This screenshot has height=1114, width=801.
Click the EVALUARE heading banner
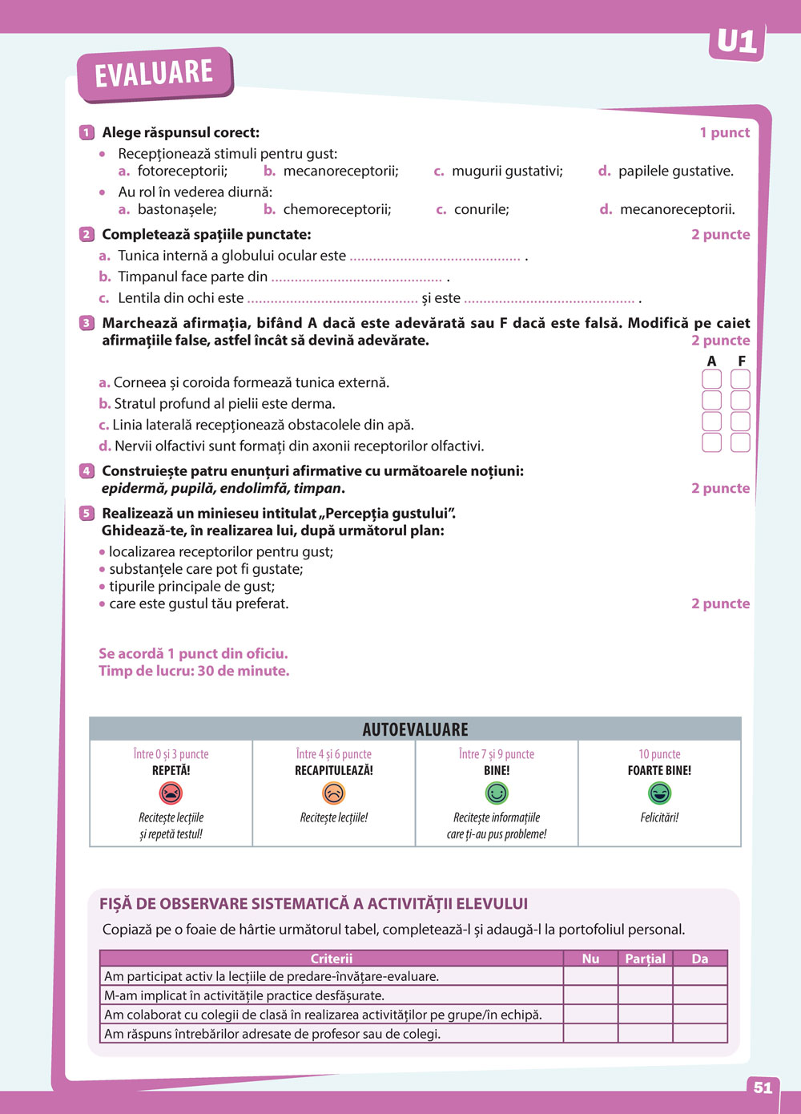154,74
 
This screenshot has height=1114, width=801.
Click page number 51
763,1088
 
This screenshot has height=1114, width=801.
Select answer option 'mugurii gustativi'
506,171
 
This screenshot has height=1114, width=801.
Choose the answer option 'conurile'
481,209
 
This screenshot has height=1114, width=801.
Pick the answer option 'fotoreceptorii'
182,171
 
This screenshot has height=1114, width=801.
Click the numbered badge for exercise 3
87,323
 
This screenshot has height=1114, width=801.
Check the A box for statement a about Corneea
711,379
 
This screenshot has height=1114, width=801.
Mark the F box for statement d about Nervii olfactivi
740,442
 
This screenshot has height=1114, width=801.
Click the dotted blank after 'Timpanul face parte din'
356,278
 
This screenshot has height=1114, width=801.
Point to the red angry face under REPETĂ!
171,793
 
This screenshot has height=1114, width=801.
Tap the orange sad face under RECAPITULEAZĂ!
333,793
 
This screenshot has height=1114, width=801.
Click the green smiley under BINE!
497,793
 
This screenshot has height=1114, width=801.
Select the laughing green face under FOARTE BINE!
659,793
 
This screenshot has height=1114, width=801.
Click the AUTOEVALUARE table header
415,729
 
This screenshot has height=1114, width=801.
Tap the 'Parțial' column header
645,959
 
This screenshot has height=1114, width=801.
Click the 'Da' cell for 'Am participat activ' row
699,976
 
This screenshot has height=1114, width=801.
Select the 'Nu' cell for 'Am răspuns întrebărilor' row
590,1034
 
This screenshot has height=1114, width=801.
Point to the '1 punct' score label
724,133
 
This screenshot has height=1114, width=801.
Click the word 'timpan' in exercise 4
318,488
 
